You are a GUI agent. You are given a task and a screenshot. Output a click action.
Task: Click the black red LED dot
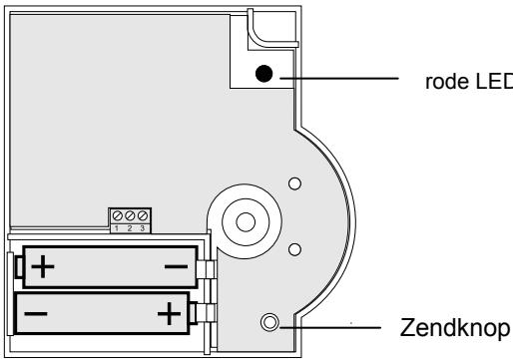point(264,74)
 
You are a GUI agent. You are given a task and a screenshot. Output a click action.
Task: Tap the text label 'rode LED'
point(469,82)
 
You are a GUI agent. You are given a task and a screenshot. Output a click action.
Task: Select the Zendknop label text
point(455,328)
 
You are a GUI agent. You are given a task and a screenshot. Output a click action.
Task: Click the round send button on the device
point(269,322)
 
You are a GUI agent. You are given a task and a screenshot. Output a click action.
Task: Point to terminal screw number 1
point(117,215)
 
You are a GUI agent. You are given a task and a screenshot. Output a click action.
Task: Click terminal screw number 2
point(130,215)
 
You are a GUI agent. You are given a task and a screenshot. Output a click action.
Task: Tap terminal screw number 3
point(143,215)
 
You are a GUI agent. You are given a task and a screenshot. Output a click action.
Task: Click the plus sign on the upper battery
point(43,266)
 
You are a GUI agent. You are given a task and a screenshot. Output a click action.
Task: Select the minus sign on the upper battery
point(176,266)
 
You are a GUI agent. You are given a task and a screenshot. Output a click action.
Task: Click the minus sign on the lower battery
point(36,313)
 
